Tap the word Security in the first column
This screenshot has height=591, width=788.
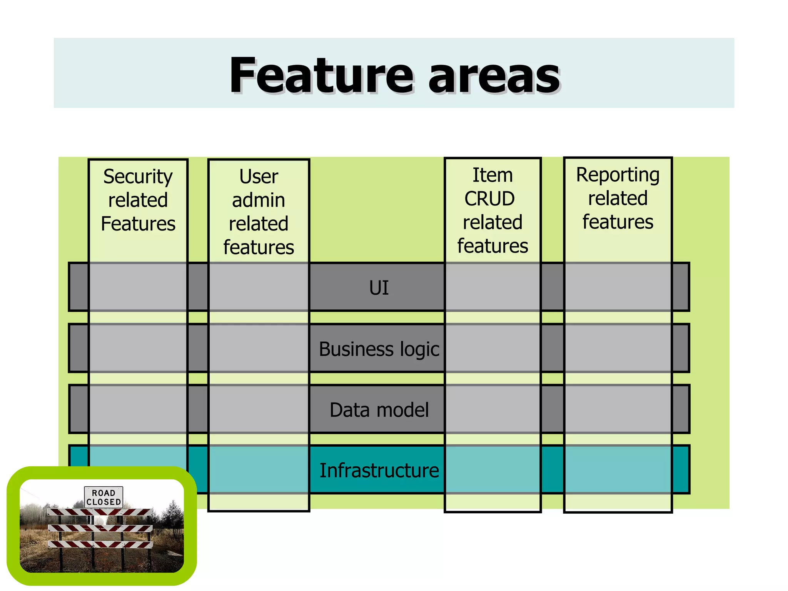(138, 177)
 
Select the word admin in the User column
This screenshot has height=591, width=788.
(259, 200)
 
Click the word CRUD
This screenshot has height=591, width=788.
(489, 199)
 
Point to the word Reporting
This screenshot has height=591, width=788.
(618, 175)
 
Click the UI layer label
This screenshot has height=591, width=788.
(379, 288)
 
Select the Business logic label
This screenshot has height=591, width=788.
(379, 349)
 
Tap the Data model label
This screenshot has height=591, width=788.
(379, 410)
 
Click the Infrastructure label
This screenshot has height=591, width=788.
(379, 470)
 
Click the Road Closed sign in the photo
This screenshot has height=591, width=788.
(104, 497)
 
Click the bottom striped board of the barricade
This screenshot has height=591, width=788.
(100, 544)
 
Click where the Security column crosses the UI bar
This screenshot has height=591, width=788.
(138, 287)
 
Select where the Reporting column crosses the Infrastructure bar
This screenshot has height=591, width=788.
(618, 469)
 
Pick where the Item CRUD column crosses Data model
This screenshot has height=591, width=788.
(492, 409)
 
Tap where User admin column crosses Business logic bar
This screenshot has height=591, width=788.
(259, 348)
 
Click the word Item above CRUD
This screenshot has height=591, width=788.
(492, 175)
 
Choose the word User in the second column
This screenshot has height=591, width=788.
(259, 177)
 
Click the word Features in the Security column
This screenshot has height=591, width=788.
(138, 224)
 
